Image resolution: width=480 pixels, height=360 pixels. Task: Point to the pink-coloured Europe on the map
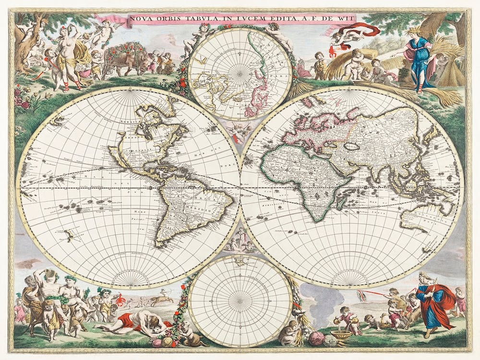pyautogui.click(x=317, y=127)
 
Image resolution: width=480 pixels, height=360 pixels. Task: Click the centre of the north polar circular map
pyautogui.click(x=240, y=73)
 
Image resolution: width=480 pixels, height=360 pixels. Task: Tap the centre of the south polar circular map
pyautogui.click(x=240, y=301)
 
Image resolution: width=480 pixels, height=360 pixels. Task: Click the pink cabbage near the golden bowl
pyautogui.click(x=316, y=338)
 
